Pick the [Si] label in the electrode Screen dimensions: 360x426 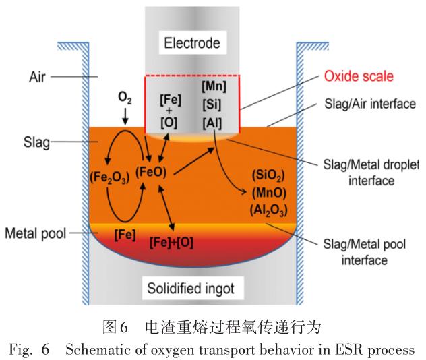point(214,105)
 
